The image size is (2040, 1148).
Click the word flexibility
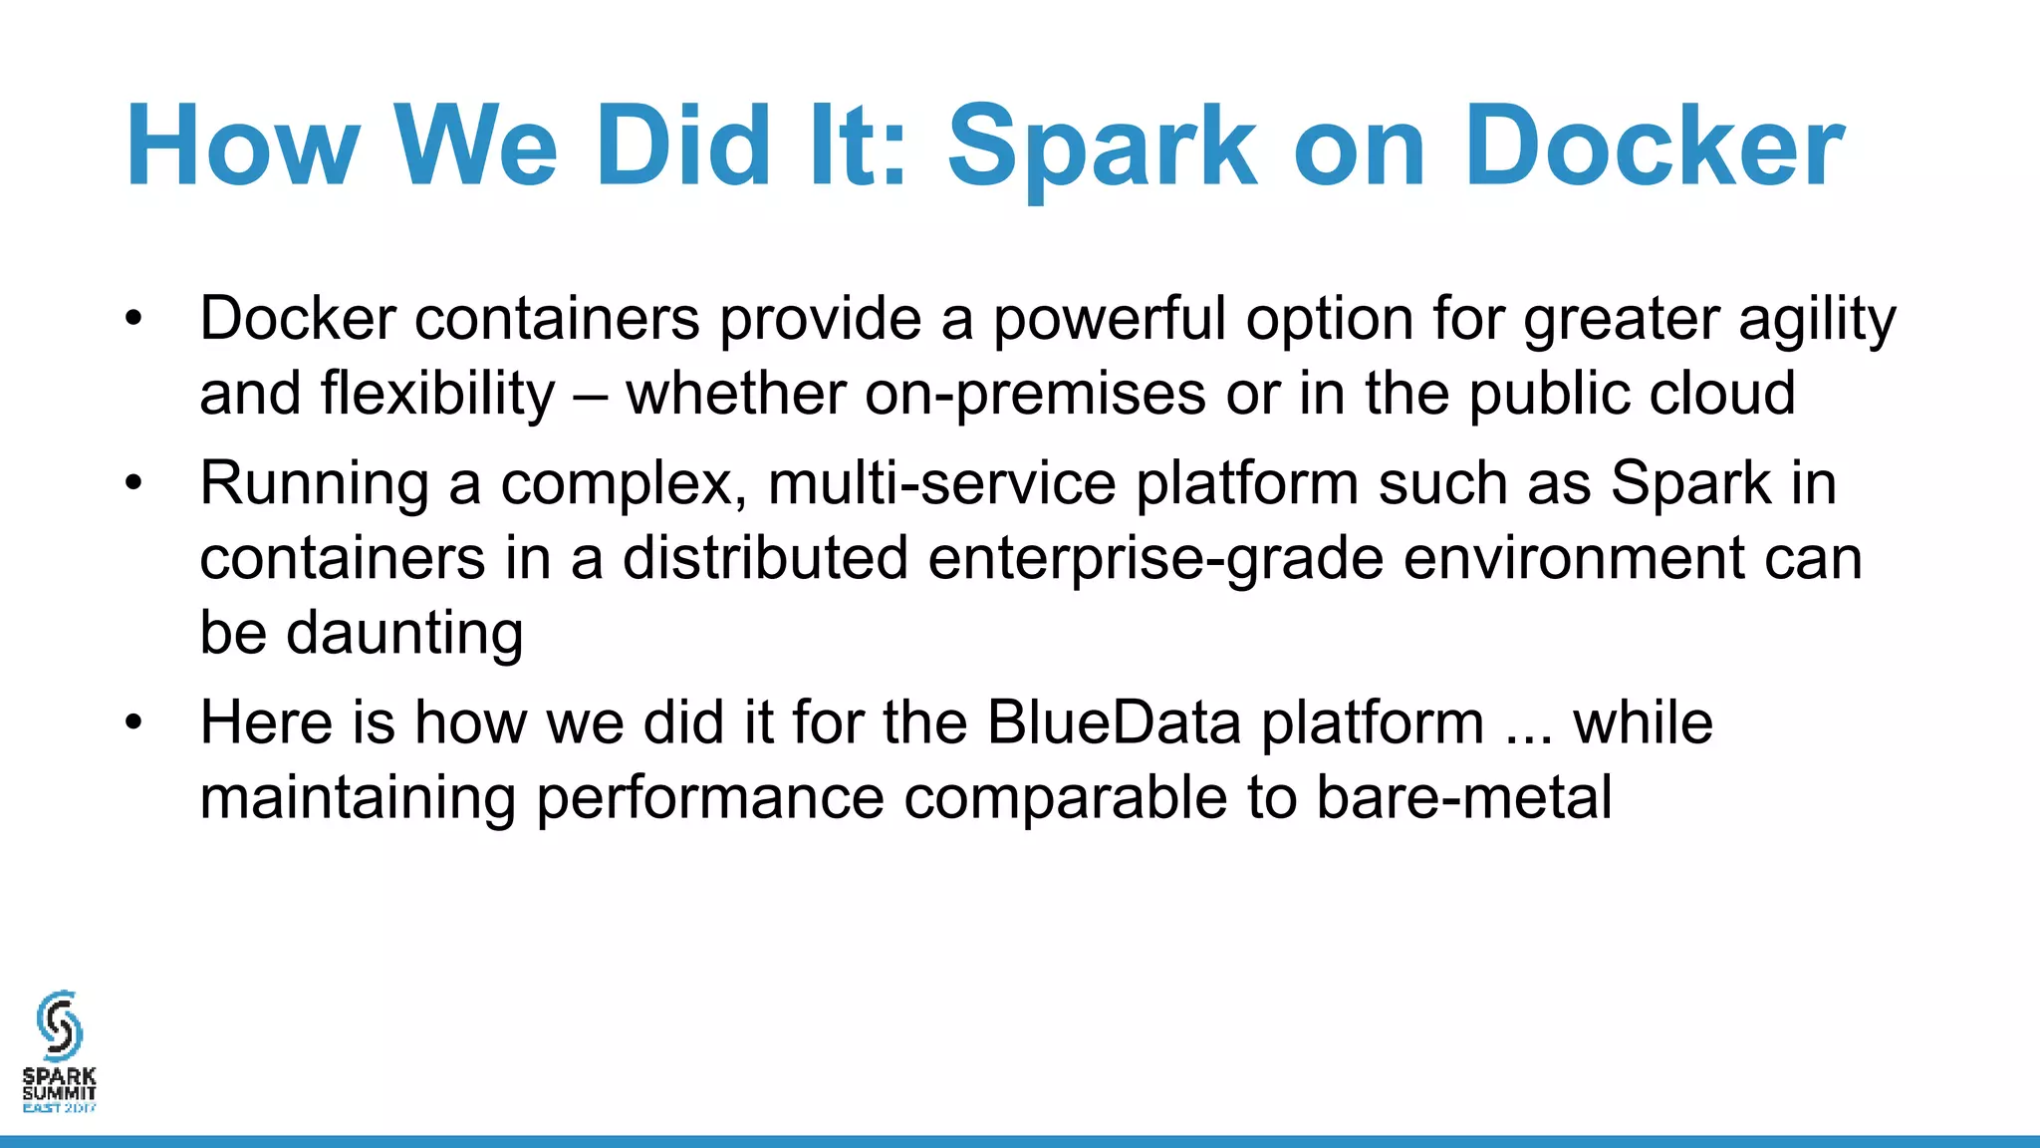click(437, 394)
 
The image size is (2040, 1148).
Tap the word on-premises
click(1035, 394)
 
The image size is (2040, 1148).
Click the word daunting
click(404, 634)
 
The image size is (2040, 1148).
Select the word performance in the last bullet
click(709, 799)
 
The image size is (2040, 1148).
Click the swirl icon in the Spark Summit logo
click(59, 1024)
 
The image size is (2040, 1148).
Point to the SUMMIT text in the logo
click(59, 1093)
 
